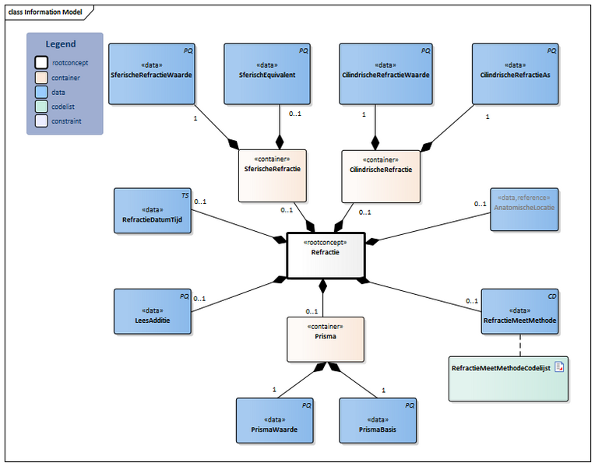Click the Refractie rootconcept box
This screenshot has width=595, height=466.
[x=326, y=255]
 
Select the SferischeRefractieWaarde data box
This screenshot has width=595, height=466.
[x=151, y=74]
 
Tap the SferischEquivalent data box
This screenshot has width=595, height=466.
[x=267, y=74]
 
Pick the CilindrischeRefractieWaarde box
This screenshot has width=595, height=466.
[x=386, y=74]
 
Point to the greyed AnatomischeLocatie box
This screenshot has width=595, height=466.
[x=523, y=209]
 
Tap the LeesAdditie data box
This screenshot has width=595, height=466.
[x=152, y=312]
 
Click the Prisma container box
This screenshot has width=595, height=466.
[x=326, y=338]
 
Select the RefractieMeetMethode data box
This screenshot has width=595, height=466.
[x=519, y=311]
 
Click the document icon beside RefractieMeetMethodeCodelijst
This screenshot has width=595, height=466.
[x=559, y=366]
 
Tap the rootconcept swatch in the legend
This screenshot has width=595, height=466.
[x=40, y=64]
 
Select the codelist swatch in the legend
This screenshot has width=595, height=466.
[x=40, y=107]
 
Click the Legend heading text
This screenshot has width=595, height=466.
[x=61, y=44]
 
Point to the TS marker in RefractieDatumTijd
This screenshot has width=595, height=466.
[x=185, y=194]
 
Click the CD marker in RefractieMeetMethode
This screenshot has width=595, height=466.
[x=551, y=296]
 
